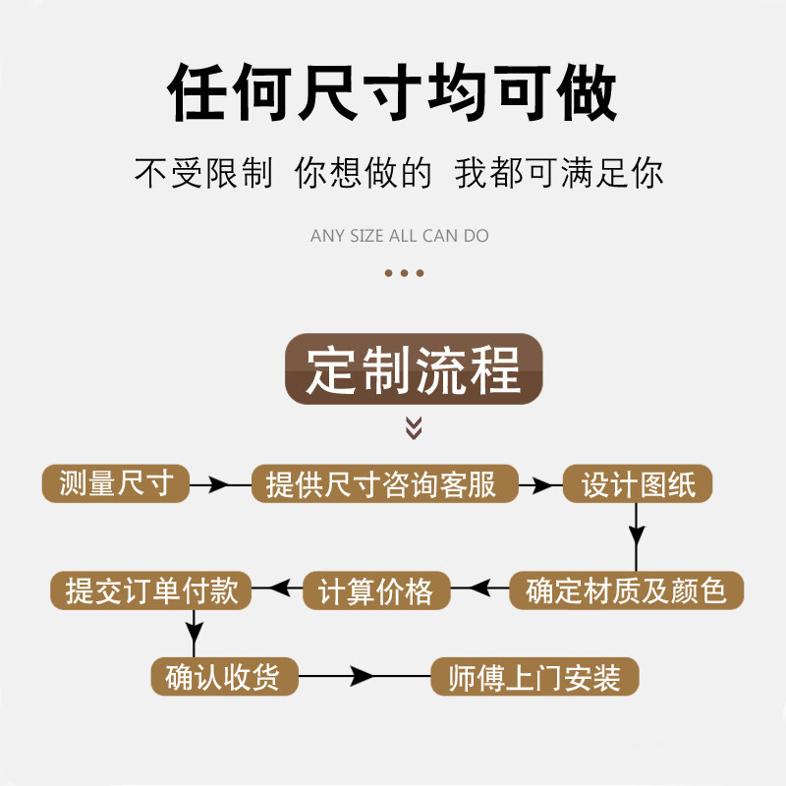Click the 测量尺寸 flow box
pyautogui.click(x=116, y=483)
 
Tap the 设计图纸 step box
pyautogui.click(x=638, y=483)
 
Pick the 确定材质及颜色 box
pyautogui.click(x=626, y=589)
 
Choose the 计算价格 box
pyautogui.click(x=375, y=590)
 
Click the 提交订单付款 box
pyautogui.click(x=151, y=589)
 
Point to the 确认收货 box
pyautogui.click(x=224, y=677)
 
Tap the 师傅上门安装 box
pyautogui.click(x=535, y=677)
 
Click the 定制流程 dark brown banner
pyautogui.click(x=414, y=369)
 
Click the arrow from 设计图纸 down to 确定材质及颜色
pyautogui.click(x=637, y=535)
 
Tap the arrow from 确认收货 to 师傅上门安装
pyautogui.click(x=364, y=677)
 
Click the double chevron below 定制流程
pyautogui.click(x=414, y=426)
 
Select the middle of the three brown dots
pyautogui.click(x=404, y=273)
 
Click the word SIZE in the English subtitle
pyautogui.click(x=366, y=236)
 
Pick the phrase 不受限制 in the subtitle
pyautogui.click(x=203, y=173)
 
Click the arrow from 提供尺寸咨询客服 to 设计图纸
pyautogui.click(x=539, y=484)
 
